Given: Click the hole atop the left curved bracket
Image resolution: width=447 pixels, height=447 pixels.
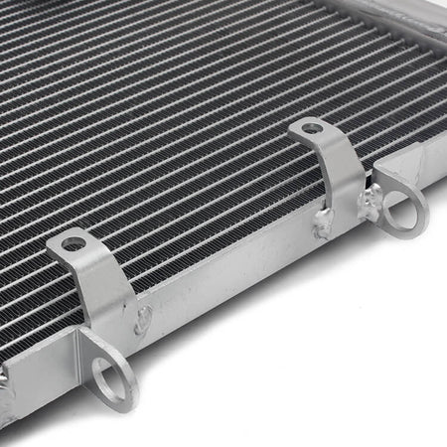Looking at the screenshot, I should tap(74, 243).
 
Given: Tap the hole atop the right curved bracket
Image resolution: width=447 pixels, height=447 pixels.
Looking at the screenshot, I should tap(312, 128).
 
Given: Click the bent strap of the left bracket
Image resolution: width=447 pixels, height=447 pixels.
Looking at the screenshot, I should tap(107, 288).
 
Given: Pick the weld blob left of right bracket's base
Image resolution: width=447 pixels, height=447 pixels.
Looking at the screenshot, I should tap(322, 225).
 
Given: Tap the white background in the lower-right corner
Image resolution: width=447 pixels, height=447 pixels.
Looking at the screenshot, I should tap(377, 387).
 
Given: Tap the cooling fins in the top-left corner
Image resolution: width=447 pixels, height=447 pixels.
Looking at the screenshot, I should tap(40, 40).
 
